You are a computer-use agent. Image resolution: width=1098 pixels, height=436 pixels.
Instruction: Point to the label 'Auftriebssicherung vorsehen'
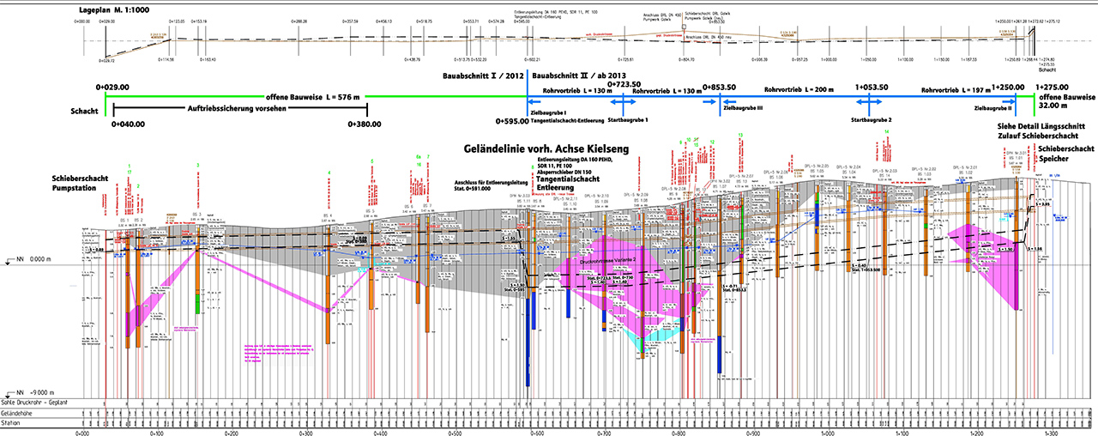233,109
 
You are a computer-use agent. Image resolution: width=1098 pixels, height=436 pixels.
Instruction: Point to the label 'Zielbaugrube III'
744,109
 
